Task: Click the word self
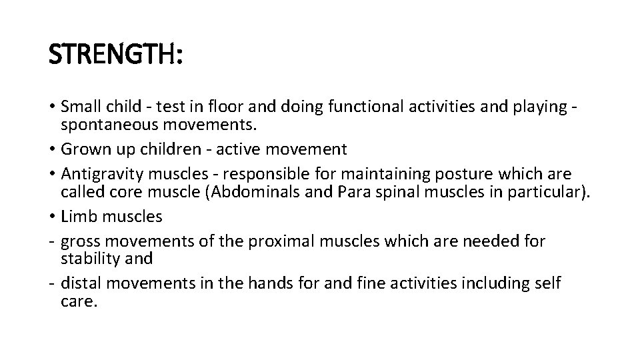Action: click(547, 283)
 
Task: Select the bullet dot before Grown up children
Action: click(52, 149)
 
